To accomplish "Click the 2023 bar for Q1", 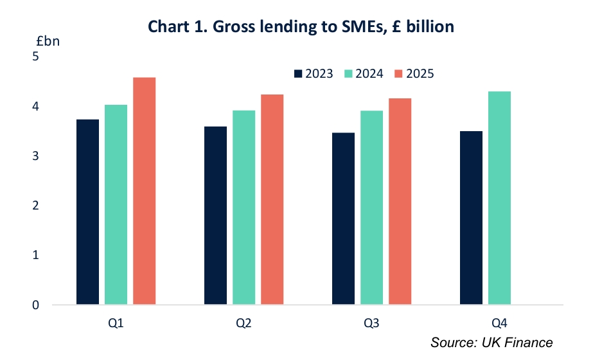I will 87,212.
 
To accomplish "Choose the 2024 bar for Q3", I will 371,207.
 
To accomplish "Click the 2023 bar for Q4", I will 471,217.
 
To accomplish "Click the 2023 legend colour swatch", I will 298,73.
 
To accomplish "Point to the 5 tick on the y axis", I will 36,57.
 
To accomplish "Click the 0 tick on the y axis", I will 36,305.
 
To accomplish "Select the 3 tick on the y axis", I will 36,156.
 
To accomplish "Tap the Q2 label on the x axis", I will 243,323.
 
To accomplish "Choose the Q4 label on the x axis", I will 499,323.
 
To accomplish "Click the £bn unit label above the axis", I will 48,40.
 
